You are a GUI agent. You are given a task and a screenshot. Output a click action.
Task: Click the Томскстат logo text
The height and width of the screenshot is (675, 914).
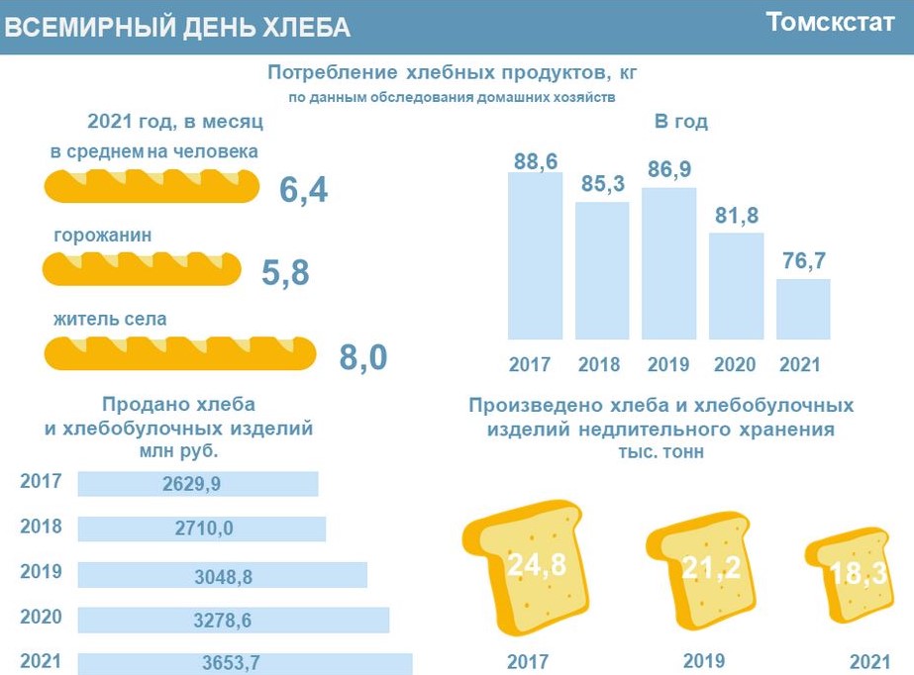pos(830,24)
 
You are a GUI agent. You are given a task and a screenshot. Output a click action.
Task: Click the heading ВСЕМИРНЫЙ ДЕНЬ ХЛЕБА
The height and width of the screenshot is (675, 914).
pos(177,28)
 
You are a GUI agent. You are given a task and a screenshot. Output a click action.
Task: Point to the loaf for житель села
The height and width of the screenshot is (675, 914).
pos(180,351)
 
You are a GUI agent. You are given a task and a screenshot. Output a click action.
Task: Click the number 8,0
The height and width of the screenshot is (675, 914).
pos(363,357)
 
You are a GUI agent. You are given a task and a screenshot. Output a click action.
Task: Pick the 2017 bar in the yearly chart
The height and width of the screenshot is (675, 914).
pos(535,255)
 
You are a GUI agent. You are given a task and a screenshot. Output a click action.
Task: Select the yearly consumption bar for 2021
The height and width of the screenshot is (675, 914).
pos(803,309)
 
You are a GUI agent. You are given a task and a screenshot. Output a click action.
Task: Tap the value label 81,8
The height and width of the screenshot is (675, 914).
pos(736,215)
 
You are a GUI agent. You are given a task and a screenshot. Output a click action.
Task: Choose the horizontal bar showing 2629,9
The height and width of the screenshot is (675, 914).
pos(198,484)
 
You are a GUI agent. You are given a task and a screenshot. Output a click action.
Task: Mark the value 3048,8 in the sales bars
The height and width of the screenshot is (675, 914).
pos(222,574)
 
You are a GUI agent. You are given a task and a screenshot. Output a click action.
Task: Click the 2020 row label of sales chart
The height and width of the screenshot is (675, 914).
pos(41,617)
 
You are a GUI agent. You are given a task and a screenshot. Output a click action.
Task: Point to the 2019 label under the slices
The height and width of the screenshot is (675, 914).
pos(704,660)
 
